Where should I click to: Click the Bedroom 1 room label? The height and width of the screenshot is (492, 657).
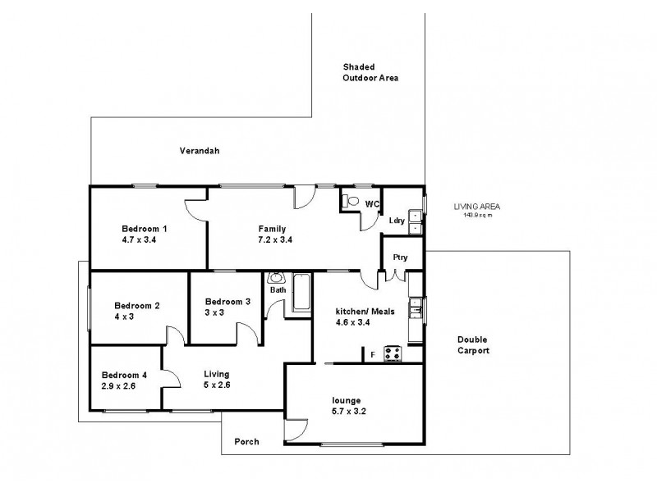click(x=145, y=228)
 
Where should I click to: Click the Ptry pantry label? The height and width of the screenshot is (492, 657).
click(x=401, y=257)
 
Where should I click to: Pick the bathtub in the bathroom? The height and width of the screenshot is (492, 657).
click(x=301, y=293)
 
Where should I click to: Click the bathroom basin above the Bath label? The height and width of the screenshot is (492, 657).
click(x=276, y=278)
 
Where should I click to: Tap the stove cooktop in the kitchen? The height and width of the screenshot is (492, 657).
click(x=393, y=353)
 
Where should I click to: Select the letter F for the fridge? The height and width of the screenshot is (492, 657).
click(x=373, y=354)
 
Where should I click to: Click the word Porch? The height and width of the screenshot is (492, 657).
click(x=246, y=442)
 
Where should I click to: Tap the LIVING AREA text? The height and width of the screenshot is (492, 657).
click(x=477, y=207)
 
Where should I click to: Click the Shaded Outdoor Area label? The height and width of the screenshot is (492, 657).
click(x=370, y=72)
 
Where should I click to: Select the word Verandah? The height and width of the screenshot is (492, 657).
click(x=200, y=151)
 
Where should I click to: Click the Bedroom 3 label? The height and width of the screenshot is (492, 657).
click(x=227, y=301)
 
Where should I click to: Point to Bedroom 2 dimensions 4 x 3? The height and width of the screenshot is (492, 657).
click(x=122, y=317)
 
